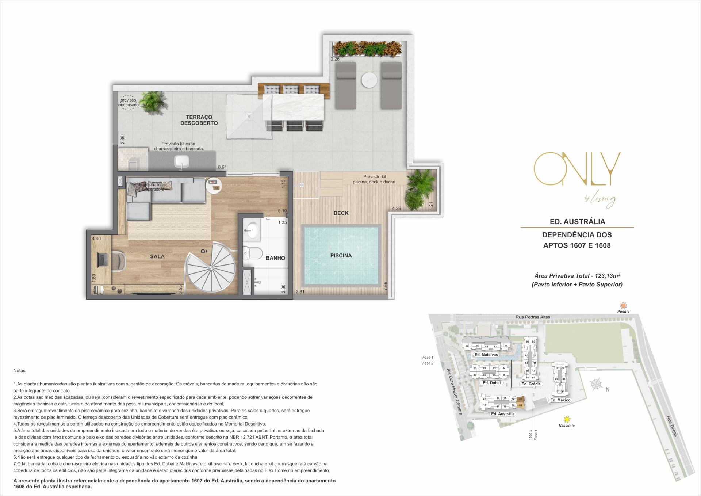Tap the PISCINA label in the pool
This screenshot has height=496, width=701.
(341, 256)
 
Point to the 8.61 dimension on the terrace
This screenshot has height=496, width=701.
(222, 167)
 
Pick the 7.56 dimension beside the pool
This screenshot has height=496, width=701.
(385, 286)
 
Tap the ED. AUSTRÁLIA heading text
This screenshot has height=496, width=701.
(577, 221)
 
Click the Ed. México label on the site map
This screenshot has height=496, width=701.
(560, 400)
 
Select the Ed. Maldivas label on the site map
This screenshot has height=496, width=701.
(486, 355)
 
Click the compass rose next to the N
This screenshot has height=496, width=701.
(596, 384)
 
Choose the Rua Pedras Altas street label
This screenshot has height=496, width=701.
(533, 317)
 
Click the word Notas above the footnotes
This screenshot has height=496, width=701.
(20, 370)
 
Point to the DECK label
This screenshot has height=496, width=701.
(341, 213)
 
